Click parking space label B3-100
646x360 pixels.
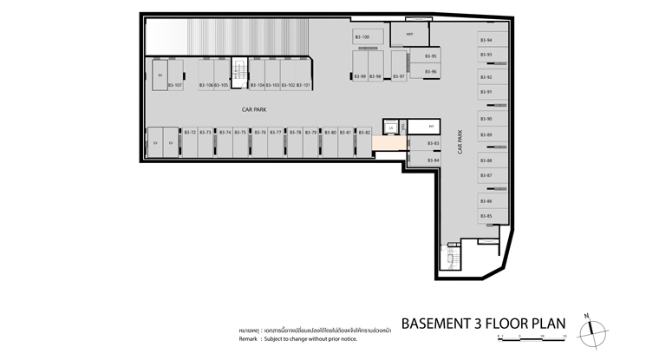[x=362, y=37]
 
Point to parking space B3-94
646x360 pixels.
[x=486, y=41]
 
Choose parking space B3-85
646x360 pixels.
[x=486, y=216]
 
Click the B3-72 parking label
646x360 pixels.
[x=189, y=133]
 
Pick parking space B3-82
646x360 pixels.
[x=364, y=133]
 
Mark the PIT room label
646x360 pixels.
[x=431, y=127]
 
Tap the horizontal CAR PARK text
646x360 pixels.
[x=254, y=110]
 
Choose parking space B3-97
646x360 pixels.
[x=399, y=76]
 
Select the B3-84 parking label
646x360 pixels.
[x=433, y=160]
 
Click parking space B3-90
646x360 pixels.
[x=486, y=119]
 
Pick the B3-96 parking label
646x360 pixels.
[x=430, y=72]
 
